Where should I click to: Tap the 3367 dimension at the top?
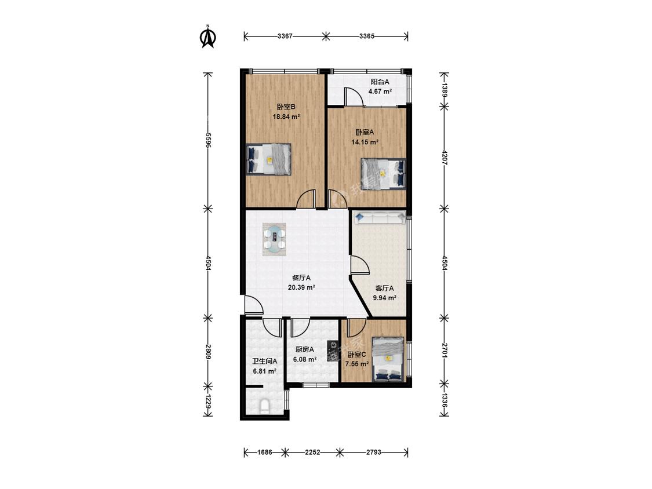pyautogui.click(x=285, y=36)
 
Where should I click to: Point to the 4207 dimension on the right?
pyautogui.click(x=445, y=158)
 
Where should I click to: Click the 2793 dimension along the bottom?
pyautogui.click(x=373, y=452)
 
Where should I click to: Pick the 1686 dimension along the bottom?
pyautogui.click(x=264, y=452)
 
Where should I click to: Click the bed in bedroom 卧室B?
pyautogui.click(x=268, y=159)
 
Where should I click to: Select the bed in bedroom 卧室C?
pyautogui.click(x=388, y=359)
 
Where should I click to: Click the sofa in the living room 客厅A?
pyautogui.click(x=380, y=217)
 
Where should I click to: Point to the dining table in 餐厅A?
pyautogui.click(x=275, y=239)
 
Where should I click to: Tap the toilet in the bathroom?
pyautogui.click(x=264, y=406)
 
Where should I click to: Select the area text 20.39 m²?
pyautogui.click(x=301, y=287)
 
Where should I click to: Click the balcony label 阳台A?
pyautogui.click(x=380, y=82)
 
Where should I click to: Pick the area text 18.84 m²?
pyautogui.click(x=286, y=117)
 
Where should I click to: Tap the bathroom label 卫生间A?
pyautogui.click(x=264, y=362)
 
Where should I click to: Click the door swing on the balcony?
pyautogui.click(x=354, y=97)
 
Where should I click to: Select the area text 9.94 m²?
pyautogui.click(x=384, y=298)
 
